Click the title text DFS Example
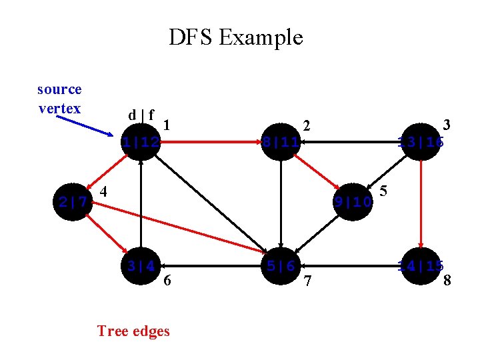(x=235, y=37)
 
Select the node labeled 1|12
(x=141, y=142)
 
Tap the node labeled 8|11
(x=281, y=142)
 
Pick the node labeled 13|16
(x=421, y=142)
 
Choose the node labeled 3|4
(x=141, y=266)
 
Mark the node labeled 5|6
(x=281, y=266)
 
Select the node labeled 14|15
(x=421, y=266)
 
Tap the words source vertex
(x=59, y=99)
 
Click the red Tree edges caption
(x=133, y=331)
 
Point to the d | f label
(x=142, y=115)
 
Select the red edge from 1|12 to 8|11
(x=210, y=142)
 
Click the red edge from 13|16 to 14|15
(x=421, y=203)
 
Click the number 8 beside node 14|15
(x=447, y=281)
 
